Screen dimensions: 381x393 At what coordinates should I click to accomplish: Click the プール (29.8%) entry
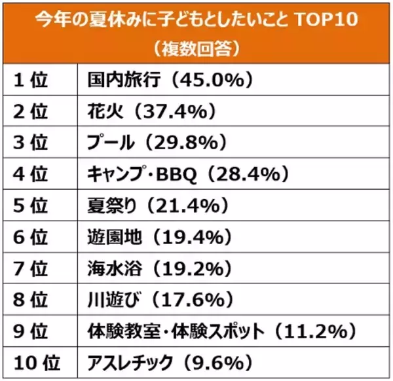click(157, 143)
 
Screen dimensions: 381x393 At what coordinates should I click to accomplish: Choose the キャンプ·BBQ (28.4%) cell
click(187, 174)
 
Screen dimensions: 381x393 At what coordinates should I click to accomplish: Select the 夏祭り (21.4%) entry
click(157, 206)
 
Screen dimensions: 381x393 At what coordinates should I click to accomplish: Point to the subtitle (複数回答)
click(196, 46)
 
